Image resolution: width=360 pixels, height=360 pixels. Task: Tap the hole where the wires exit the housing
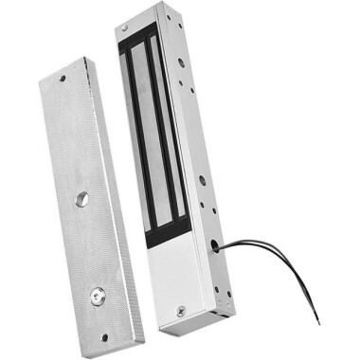220,245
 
